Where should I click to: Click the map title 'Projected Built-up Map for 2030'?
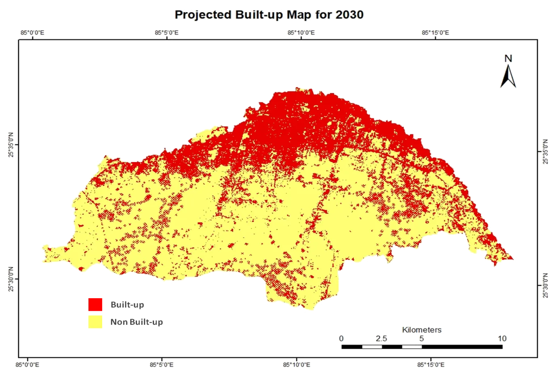pyautogui.click(x=269, y=15)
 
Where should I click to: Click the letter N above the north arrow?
pyautogui.click(x=508, y=59)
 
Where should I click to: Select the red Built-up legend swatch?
pyautogui.click(x=95, y=305)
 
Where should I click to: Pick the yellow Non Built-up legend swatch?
pyautogui.click(x=95, y=322)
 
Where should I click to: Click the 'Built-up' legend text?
pyautogui.click(x=127, y=305)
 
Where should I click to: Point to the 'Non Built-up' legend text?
pyautogui.click(x=137, y=322)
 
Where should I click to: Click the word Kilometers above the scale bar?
pyautogui.click(x=421, y=330)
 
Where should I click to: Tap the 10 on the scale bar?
pyautogui.click(x=501, y=339)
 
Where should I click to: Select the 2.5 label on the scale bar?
pyautogui.click(x=381, y=339)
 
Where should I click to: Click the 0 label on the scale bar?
pyautogui.click(x=341, y=339)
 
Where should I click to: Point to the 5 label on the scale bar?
pyautogui.click(x=421, y=339)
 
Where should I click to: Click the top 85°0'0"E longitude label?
pyautogui.click(x=32, y=33)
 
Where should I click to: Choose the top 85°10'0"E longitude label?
pyautogui.click(x=301, y=33)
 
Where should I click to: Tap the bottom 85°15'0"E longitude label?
pyautogui.click(x=432, y=365)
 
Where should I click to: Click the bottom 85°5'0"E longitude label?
pyautogui.click(x=162, y=365)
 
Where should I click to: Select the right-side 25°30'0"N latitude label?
pyautogui.click(x=545, y=286)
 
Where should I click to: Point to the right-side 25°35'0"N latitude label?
pyautogui.click(x=545, y=152)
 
